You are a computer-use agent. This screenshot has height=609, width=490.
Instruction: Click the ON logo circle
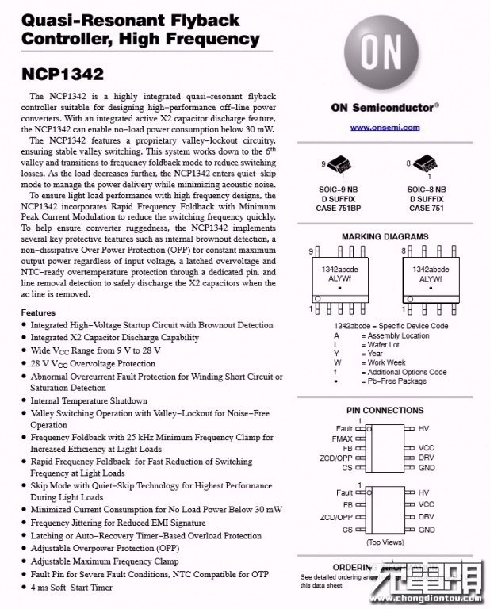click(381, 52)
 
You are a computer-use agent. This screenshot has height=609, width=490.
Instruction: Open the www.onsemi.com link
click(385, 127)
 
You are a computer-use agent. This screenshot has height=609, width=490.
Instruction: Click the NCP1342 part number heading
click(63, 75)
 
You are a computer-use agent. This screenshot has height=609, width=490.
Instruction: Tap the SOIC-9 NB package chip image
click(339, 164)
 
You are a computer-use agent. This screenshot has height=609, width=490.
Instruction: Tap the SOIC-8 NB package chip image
click(426, 163)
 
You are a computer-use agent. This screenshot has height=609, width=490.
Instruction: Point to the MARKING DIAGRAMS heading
click(385, 236)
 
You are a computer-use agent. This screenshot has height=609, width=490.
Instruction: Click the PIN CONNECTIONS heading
click(385, 410)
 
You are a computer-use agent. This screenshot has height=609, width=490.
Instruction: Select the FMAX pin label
click(342, 439)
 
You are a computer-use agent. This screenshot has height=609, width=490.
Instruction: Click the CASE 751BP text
click(339, 209)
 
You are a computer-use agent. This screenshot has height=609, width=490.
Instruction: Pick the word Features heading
click(38, 312)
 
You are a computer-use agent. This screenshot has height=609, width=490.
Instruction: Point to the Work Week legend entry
click(386, 362)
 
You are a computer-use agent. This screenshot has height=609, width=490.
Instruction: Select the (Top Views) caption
click(385, 542)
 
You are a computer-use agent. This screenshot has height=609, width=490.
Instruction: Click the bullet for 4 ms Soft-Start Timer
click(24, 587)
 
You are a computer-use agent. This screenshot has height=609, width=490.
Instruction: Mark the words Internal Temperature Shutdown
click(89, 400)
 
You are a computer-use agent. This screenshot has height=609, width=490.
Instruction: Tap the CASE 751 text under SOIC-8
click(426, 209)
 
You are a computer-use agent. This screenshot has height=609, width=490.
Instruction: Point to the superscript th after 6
click(273, 149)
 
